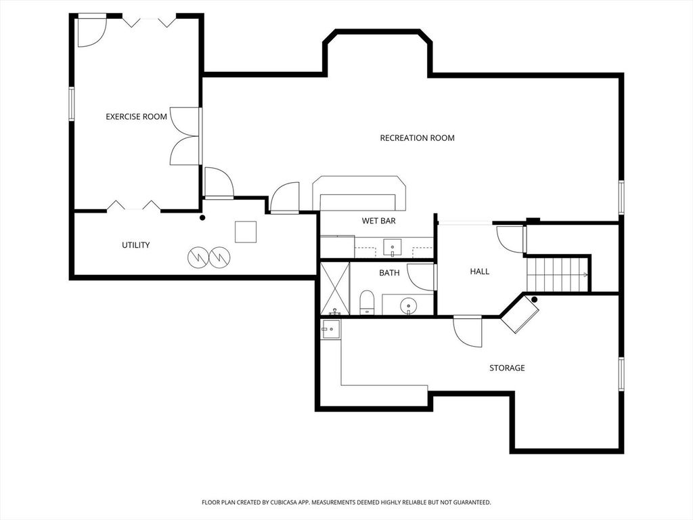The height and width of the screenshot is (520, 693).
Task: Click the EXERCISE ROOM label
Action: [x=136, y=116]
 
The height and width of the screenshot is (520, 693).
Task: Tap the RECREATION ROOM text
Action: [x=417, y=138]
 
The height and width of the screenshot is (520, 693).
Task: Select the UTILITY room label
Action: [x=135, y=245]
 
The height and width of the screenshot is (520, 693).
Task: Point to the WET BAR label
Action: [x=379, y=221]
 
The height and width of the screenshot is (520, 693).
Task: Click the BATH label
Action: [x=389, y=273]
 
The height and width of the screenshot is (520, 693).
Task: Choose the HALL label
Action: [x=480, y=272]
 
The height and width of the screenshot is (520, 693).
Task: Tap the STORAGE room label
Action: [x=507, y=368]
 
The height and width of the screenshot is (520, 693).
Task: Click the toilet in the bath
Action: [x=367, y=303]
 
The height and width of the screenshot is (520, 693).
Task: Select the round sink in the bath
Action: [x=408, y=305]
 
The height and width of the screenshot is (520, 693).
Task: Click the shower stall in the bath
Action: [x=334, y=288]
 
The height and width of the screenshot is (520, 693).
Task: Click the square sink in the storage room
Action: [x=331, y=330]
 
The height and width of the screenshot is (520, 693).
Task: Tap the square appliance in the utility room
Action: [x=245, y=232]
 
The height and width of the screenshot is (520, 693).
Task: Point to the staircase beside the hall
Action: [x=558, y=274]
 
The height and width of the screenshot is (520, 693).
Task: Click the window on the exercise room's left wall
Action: [x=71, y=104]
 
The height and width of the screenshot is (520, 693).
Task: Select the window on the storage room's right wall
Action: [x=621, y=374]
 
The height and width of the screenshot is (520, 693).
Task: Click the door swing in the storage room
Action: [x=468, y=332]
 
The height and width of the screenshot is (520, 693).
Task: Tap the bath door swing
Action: [x=421, y=277]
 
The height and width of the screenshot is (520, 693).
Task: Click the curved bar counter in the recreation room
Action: [x=359, y=193]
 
